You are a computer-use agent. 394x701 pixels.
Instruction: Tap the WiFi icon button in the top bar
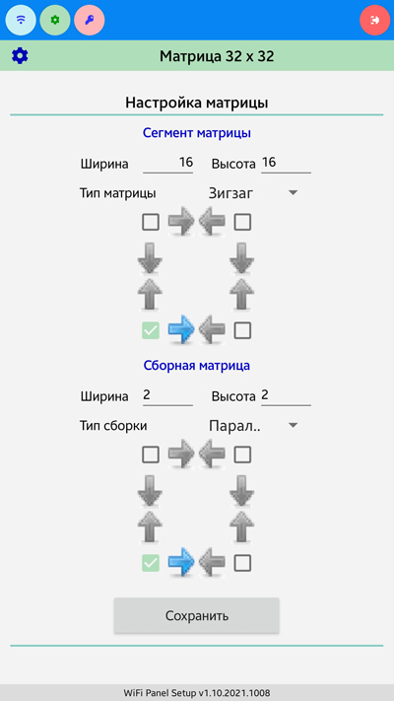coord(21,20)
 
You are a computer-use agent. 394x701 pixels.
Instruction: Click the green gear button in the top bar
coord(55,20)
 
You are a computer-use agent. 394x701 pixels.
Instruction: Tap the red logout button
coord(375,20)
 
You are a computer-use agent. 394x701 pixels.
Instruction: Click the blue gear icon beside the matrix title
coord(20,56)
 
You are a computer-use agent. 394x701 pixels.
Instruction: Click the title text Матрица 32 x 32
coord(217,56)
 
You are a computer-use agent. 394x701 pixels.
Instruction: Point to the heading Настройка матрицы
coord(197,103)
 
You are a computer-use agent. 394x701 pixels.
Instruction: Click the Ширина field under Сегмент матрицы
coord(168,163)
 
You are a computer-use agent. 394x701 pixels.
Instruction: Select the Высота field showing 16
coord(286,163)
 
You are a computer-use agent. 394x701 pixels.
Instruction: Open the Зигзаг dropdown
coord(253,193)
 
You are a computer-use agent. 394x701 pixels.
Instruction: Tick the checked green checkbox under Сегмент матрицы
coord(151,331)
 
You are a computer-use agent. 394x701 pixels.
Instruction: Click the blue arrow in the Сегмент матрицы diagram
coord(181,331)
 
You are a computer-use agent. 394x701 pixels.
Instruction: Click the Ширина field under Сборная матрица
coord(168,395)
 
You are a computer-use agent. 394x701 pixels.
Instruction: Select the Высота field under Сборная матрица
coord(286,395)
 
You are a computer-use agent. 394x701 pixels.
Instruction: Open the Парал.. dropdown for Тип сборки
coord(253,426)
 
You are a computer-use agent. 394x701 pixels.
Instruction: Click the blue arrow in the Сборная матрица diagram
coord(181,563)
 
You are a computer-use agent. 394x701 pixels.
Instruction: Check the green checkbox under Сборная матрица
coord(151,563)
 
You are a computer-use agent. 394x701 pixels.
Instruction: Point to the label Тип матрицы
coord(118,193)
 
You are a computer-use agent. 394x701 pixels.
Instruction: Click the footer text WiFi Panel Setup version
coord(197,693)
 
